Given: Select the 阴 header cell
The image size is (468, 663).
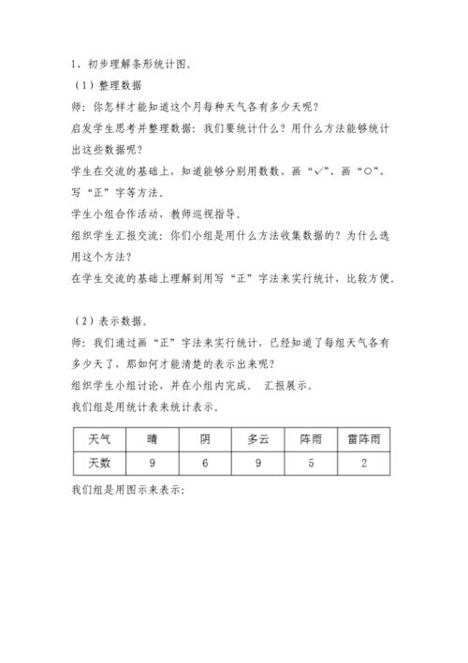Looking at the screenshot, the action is (205, 438).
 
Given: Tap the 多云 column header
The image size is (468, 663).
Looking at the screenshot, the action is (258, 438).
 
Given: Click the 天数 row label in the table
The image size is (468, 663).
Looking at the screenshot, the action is (99, 463).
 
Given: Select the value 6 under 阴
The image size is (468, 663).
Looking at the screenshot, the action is (205, 463).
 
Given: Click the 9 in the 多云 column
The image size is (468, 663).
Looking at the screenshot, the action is (258, 463).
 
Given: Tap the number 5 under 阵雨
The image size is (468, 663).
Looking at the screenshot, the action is (312, 463).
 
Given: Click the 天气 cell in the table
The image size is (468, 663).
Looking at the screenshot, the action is (99, 438).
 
